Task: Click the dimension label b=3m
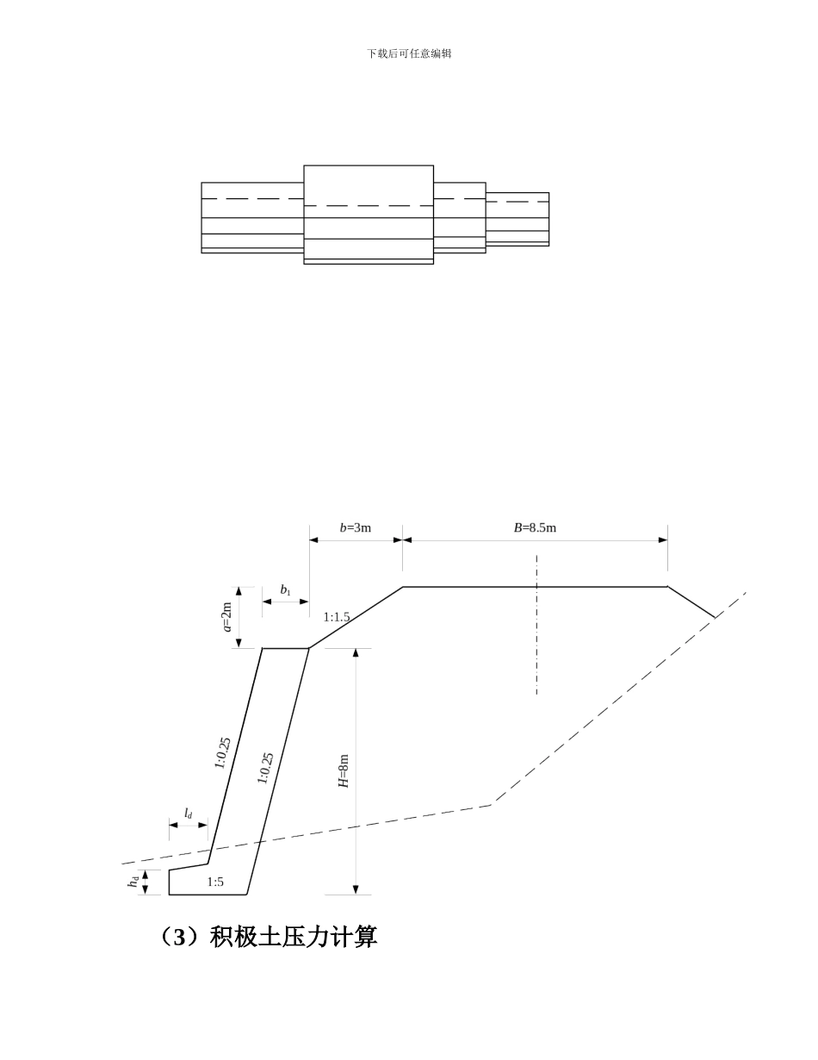click(355, 527)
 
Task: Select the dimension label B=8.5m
click(535, 527)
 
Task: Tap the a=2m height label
click(227, 616)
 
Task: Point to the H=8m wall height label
click(344, 770)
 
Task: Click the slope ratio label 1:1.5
click(337, 617)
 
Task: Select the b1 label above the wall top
click(285, 590)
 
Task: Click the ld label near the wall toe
click(188, 814)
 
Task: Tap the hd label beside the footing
click(133, 882)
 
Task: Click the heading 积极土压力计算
click(294, 937)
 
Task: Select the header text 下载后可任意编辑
click(409, 53)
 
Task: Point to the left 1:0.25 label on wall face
click(223, 752)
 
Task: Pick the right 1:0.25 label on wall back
click(265, 769)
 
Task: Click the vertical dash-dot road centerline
click(536, 624)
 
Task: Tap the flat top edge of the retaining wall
click(286, 648)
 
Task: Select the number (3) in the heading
click(180, 938)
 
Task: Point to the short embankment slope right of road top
click(691, 602)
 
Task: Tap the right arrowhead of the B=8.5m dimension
click(663, 540)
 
